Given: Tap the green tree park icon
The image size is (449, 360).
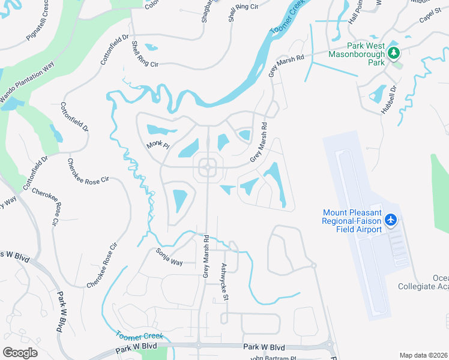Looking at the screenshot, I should pos(394,53).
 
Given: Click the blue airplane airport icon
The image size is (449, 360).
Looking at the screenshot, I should pos(391,220).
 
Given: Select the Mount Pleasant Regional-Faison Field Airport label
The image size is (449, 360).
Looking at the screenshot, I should pos(352,221).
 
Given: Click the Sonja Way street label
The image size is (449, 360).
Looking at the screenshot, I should pos(169,257).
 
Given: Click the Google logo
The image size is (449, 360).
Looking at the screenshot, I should pos(20,352).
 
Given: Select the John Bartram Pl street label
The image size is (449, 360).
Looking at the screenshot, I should pos(273,358).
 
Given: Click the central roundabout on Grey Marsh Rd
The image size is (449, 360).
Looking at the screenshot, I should pos(208,168).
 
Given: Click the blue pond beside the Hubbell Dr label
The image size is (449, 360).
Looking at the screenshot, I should pos(378,94).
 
